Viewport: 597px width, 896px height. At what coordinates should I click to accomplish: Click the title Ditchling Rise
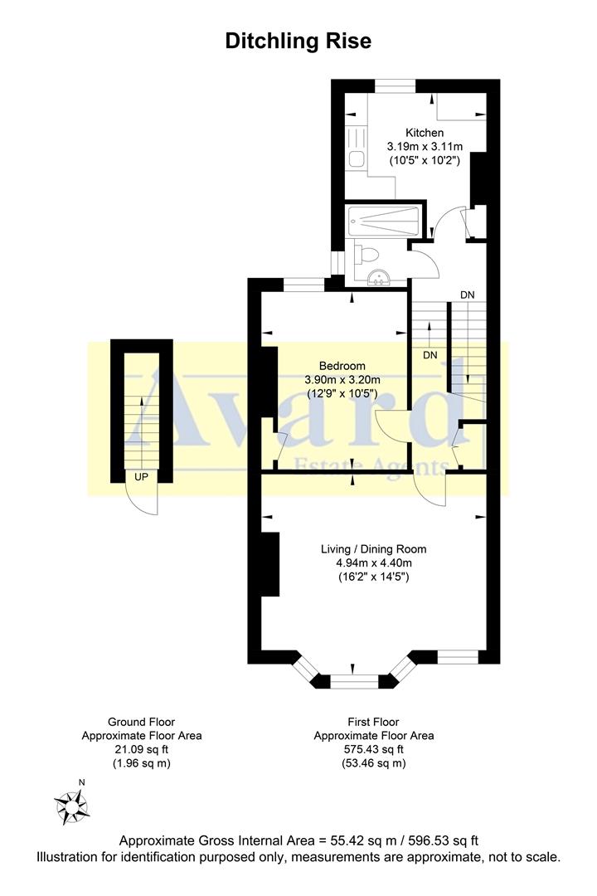pos(298,41)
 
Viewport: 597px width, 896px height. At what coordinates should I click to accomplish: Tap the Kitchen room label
pos(424,133)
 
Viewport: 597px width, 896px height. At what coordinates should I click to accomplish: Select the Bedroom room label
pos(342,366)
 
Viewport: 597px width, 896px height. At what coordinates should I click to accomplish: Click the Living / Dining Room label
pos(373,548)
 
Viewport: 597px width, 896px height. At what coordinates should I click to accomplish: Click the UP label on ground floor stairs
pos(141,477)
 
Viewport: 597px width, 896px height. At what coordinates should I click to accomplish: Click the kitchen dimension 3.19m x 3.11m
pos(424,147)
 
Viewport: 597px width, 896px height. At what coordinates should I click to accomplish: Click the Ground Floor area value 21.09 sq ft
pos(141,749)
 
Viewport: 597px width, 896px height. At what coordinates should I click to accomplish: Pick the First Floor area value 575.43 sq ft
pos(373,749)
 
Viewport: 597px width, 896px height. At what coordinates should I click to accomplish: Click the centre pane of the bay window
pos(354,683)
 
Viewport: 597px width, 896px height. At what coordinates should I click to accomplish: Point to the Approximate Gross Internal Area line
pos(298,840)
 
